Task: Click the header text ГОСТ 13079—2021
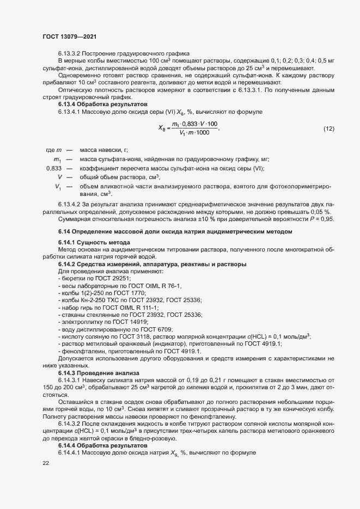coord(70,36)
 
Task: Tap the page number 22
coord(46,463)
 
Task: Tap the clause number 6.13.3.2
coord(71,53)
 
